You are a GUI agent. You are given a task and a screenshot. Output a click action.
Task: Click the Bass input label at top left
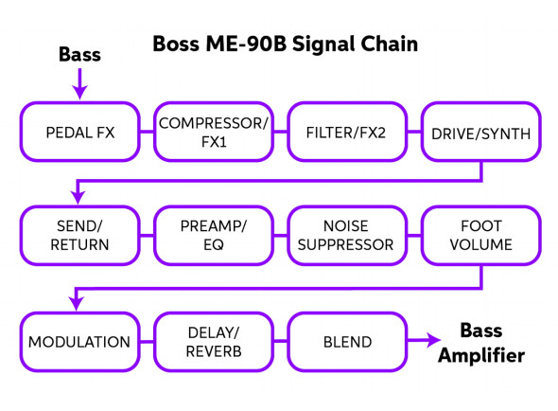point(79,55)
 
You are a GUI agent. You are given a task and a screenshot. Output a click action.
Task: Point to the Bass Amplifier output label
point(481,343)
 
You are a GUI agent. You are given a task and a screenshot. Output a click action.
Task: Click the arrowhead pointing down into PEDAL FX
point(79,92)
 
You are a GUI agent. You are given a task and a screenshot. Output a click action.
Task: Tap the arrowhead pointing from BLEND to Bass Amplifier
point(434,340)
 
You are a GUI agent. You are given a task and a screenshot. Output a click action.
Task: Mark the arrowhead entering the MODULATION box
point(76,304)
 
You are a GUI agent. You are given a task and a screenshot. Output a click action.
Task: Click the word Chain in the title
point(390,45)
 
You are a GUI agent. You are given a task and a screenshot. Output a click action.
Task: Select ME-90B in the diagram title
point(246,45)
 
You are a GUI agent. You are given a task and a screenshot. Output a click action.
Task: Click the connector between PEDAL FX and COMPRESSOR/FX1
point(147,132)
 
